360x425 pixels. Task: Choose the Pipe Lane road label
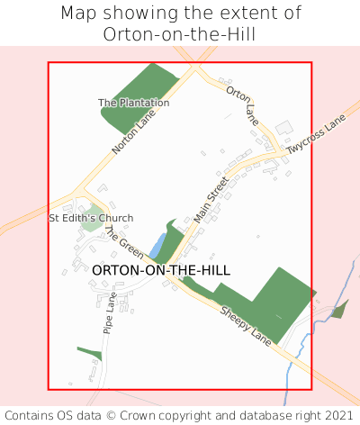tap(109, 312)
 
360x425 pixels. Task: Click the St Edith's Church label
tap(91, 218)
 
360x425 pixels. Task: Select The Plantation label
tap(134, 103)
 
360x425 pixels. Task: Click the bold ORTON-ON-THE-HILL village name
tap(161, 270)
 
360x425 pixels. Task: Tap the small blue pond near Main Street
tap(158, 245)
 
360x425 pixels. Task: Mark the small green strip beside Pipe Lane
tap(90, 352)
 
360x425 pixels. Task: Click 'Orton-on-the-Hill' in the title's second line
tap(180, 35)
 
